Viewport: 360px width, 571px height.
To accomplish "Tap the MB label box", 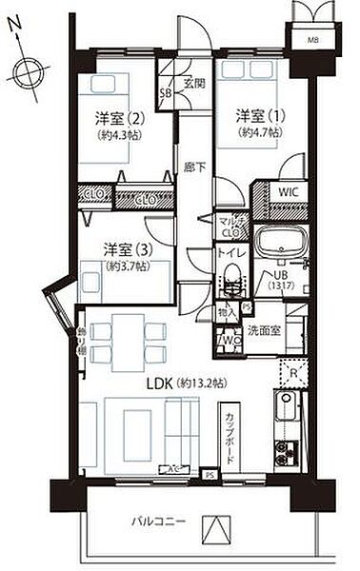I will coord(312,40).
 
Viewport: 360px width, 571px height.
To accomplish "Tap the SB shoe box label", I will coord(165,93).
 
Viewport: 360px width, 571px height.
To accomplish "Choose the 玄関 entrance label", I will coord(195,82).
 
